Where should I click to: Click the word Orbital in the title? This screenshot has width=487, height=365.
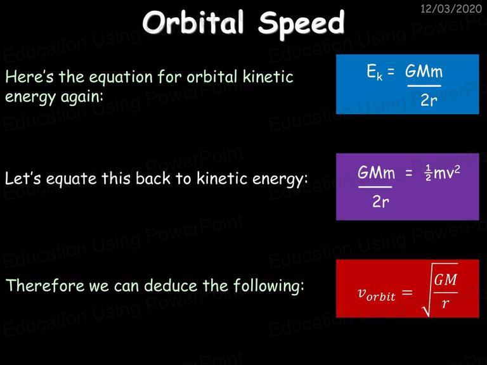[x=193, y=22]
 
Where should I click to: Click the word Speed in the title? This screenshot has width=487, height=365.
[x=301, y=24]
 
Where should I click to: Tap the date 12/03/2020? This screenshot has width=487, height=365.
[x=451, y=8]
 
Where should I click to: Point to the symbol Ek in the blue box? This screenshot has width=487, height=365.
[x=375, y=72]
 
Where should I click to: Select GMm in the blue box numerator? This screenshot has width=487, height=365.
[x=424, y=72]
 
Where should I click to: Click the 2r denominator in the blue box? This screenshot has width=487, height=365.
[x=429, y=100]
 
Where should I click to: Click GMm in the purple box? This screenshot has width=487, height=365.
[x=376, y=172]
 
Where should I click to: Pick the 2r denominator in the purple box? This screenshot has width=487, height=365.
[x=380, y=202]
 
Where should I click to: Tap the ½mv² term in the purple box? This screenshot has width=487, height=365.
[x=442, y=172]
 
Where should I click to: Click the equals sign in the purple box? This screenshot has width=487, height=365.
[x=409, y=173]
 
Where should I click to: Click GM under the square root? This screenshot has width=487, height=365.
[x=445, y=279]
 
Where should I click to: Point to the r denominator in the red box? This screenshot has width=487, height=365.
[x=445, y=304]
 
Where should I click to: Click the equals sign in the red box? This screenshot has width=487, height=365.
[x=407, y=292]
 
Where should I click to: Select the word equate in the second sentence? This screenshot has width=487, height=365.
[x=72, y=179]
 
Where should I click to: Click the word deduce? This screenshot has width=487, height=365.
[x=171, y=285]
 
